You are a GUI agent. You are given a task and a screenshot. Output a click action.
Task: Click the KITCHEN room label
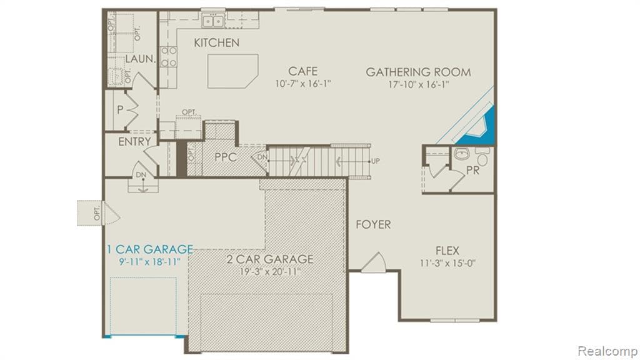pyautogui.click(x=216, y=43)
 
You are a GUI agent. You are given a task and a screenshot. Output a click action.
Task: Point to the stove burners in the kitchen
pyautogui.click(x=169, y=56)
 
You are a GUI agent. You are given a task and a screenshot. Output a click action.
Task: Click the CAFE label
pyautogui.click(x=302, y=71)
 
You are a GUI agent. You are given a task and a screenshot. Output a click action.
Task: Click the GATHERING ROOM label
pyautogui.click(x=418, y=72)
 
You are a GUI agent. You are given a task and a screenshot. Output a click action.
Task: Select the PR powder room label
pyautogui.click(x=472, y=170)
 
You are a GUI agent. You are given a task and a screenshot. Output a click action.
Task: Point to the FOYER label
pyautogui.click(x=374, y=224)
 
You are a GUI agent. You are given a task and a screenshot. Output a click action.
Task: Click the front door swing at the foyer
pyautogui.click(x=374, y=262)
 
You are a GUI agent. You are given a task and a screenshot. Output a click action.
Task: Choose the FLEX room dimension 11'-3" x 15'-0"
pyautogui.click(x=448, y=263)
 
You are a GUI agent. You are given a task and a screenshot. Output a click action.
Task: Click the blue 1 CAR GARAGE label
pyautogui.click(x=149, y=249)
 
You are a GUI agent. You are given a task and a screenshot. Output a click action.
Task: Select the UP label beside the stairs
pyautogui.click(x=375, y=161)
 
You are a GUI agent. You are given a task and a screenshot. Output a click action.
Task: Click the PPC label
pyautogui.click(x=225, y=157)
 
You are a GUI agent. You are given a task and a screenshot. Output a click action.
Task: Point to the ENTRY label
pyautogui.click(x=134, y=142)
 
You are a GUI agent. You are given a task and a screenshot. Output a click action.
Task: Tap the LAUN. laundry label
pyautogui.click(x=140, y=59)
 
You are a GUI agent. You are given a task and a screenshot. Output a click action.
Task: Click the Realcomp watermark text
pyautogui.click(x=606, y=350)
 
